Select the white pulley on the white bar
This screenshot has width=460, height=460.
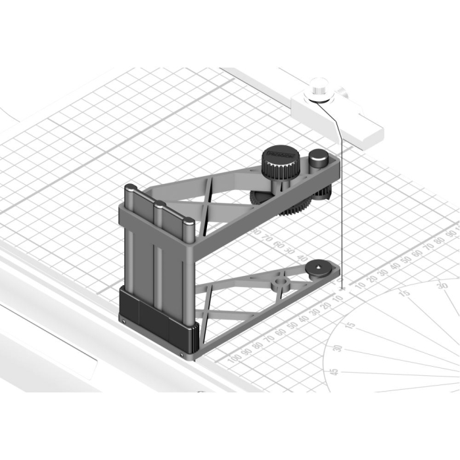pos(320,90)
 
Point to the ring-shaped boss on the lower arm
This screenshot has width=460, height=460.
pos(281,283)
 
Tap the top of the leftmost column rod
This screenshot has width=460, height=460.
pos(129,189)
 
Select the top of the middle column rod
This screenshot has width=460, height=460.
pos(158,205)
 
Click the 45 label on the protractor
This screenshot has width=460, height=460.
pos(333,373)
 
